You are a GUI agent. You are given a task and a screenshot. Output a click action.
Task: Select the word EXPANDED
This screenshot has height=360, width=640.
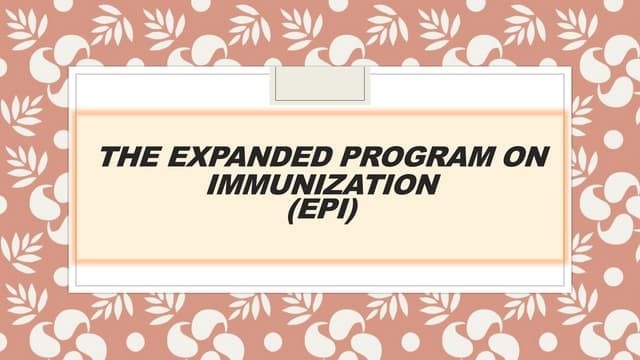(241, 157)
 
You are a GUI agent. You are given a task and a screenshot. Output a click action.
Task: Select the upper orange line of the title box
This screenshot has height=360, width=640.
(320, 111)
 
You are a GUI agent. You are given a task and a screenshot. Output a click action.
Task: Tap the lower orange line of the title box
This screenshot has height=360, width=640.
(320, 262)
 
